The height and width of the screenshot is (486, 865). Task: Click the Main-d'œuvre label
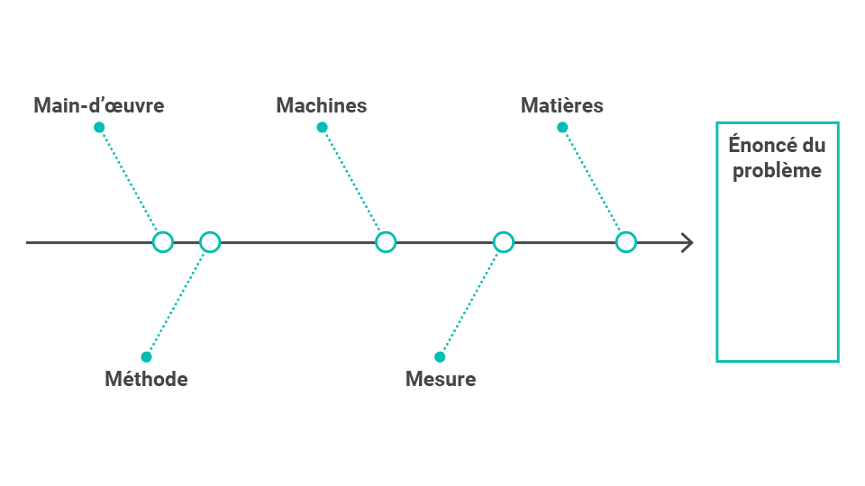pyautogui.click(x=99, y=105)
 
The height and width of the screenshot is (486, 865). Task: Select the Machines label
pyautogui.click(x=322, y=105)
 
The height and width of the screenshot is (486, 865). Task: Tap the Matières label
pyautogui.click(x=562, y=105)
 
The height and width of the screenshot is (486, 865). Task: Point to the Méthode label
pyautogui.click(x=146, y=379)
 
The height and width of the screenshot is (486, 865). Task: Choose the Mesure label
pyautogui.click(x=441, y=379)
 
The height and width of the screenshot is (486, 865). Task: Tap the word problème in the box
pyautogui.click(x=777, y=171)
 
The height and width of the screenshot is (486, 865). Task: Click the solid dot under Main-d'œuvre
pyautogui.click(x=99, y=128)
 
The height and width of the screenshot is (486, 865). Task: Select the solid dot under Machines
pyautogui.click(x=323, y=128)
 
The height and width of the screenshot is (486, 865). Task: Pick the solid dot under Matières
pyautogui.click(x=562, y=128)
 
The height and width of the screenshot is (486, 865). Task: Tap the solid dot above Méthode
pyautogui.click(x=146, y=357)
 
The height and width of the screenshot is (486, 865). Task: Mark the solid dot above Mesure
pyautogui.click(x=440, y=357)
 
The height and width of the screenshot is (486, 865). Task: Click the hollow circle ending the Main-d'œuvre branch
pyautogui.click(x=163, y=232)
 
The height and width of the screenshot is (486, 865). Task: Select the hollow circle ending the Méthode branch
pyautogui.click(x=210, y=232)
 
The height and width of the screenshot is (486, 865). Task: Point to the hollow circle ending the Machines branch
pyautogui.click(x=386, y=232)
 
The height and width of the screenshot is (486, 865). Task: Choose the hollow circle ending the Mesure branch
pyautogui.click(x=504, y=232)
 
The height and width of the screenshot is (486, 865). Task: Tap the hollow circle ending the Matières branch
pyautogui.click(x=626, y=232)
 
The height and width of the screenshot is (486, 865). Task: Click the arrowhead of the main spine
pyautogui.click(x=692, y=242)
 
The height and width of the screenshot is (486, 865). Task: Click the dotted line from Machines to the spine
pyautogui.click(x=352, y=181)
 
